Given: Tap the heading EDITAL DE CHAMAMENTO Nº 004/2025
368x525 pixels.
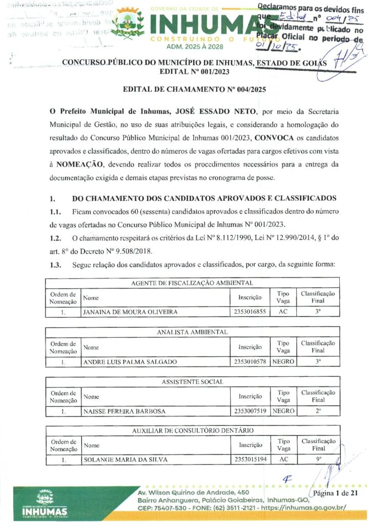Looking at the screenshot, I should tap(194, 89).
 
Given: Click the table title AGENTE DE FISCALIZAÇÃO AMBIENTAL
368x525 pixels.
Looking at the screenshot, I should tap(192, 282).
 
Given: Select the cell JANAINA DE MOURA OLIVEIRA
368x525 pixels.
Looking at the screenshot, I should tap(131, 311).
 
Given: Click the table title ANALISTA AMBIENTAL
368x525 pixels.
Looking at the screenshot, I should tap(192, 332).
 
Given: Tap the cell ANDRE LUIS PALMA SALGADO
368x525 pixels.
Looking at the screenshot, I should tap(130, 361).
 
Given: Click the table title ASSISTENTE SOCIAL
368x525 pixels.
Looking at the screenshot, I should tap(192, 382).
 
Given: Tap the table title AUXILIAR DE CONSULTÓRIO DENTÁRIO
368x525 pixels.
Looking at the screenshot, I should tap(192, 430).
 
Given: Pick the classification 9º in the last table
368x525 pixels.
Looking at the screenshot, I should tap(318, 459).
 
